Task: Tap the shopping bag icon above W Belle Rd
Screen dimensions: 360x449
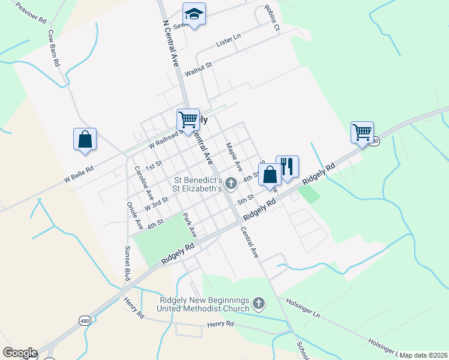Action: pos(85,139)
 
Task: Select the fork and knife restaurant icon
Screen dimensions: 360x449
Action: pos(287,166)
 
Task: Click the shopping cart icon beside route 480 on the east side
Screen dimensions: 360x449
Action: pos(362,132)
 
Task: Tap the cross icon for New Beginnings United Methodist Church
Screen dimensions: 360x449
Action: pos(259,304)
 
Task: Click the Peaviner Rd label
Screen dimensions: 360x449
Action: pos(31,11)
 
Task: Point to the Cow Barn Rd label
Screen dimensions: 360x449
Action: pos(53,47)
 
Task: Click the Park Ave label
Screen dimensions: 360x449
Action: pos(190,224)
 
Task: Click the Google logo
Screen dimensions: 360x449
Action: pos(20,353)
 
